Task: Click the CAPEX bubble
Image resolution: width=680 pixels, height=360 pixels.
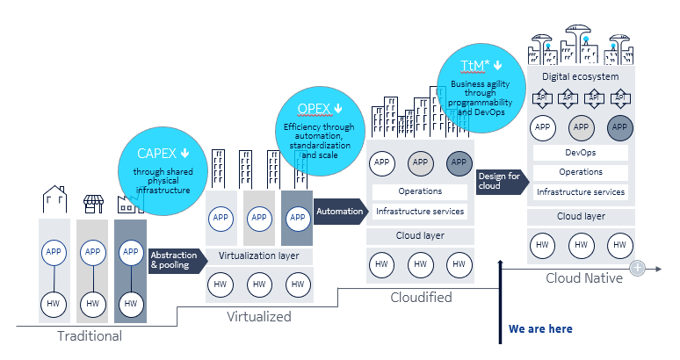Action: click(162, 169)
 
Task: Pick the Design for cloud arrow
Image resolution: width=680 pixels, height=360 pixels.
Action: click(498, 182)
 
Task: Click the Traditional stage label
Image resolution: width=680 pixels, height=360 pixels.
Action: click(90, 335)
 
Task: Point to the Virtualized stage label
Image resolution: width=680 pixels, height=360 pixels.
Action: click(258, 316)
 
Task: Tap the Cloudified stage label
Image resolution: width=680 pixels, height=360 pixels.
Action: click(421, 298)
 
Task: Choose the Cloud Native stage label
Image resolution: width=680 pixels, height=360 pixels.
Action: click(584, 278)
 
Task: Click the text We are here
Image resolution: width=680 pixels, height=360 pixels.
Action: click(540, 329)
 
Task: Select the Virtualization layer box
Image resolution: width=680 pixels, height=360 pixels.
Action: click(258, 256)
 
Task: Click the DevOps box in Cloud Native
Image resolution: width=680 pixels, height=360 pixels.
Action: click(581, 153)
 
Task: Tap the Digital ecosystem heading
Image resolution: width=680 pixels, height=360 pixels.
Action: click(581, 77)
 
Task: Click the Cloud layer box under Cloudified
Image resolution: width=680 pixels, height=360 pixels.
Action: click(420, 235)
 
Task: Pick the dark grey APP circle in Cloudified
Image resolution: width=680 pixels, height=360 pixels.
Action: click(458, 162)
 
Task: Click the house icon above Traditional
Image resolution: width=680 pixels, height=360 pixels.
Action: click(55, 200)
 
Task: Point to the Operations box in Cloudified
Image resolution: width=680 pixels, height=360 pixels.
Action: click(420, 191)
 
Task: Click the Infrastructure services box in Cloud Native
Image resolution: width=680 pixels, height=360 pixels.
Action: click(581, 191)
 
